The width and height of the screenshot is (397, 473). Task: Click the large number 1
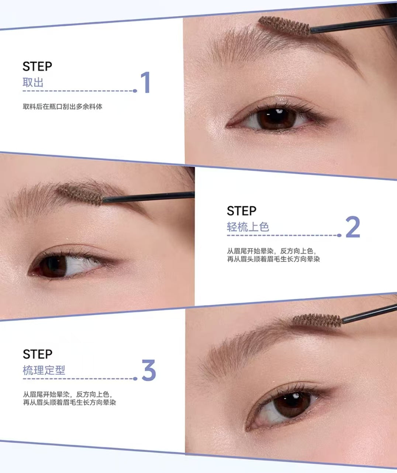(x=145, y=82)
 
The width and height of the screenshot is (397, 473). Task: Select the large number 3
(x=149, y=371)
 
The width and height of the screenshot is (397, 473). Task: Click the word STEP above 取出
(x=37, y=67)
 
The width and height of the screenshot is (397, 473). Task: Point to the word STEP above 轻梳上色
(x=242, y=211)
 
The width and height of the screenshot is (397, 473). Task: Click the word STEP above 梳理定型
(x=38, y=354)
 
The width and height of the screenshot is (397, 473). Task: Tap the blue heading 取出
(x=33, y=82)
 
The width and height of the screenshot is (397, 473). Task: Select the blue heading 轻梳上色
(x=248, y=227)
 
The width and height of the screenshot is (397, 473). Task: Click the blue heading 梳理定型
(x=44, y=370)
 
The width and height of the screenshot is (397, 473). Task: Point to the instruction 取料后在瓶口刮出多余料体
(x=62, y=107)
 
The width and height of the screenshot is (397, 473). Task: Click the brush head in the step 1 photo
(x=284, y=25)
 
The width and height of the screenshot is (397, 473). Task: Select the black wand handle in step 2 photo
(x=148, y=197)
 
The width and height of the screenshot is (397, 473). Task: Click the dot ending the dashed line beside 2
(x=340, y=235)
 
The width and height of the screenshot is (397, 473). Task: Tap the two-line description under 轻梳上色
(x=273, y=255)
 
